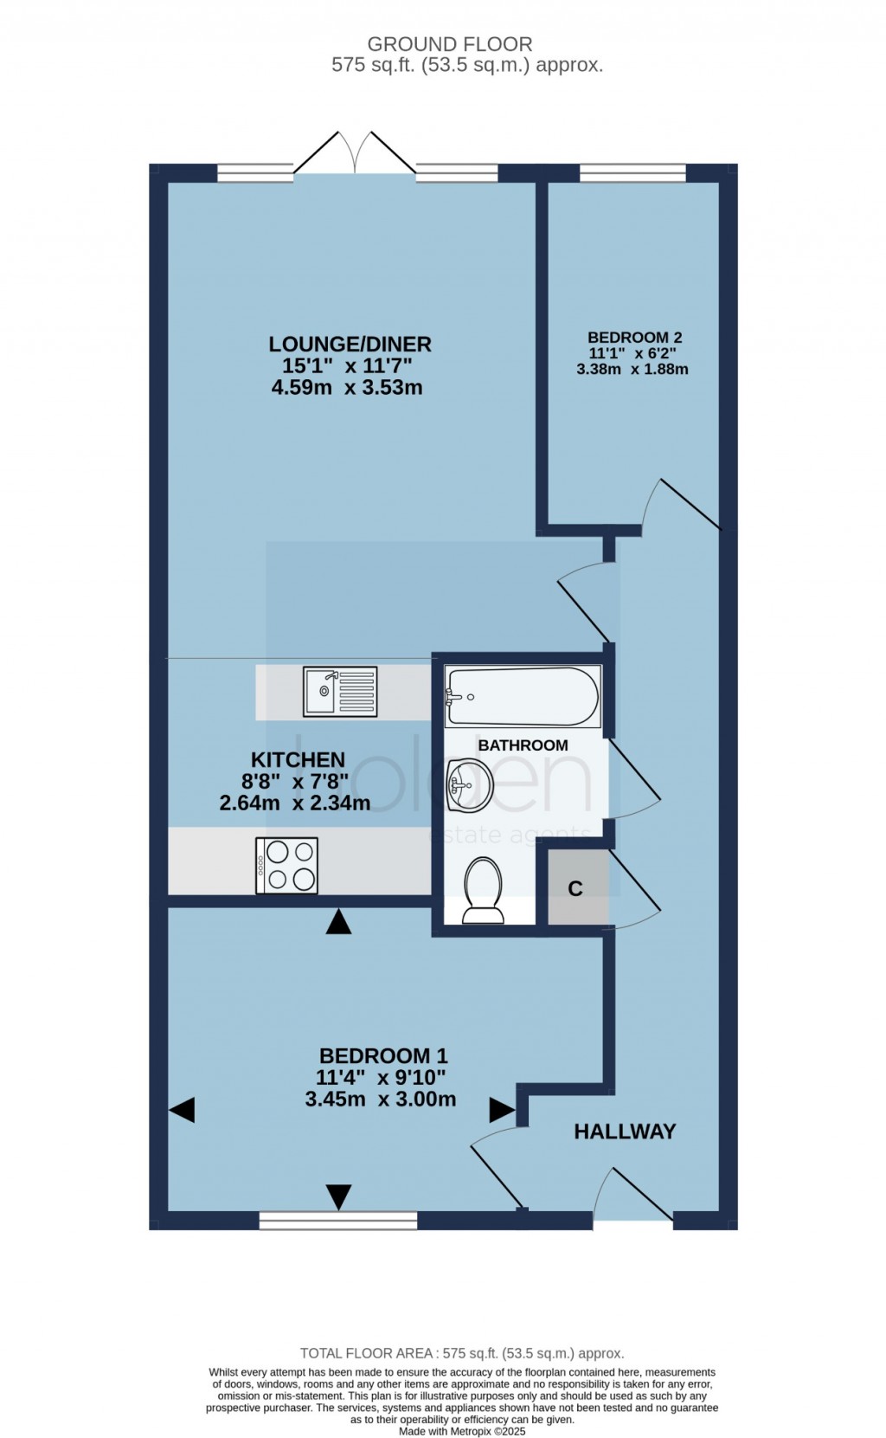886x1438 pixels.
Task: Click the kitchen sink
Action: [340, 692]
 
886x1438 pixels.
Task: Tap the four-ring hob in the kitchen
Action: [286, 865]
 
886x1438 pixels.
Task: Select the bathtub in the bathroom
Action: [523, 697]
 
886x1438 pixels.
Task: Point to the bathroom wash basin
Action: [469, 784]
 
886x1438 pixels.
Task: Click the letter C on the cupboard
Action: [575, 888]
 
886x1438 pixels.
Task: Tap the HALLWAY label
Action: [625, 1131]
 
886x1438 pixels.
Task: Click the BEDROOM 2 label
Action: [634, 337]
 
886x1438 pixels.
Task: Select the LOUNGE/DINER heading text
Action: [350, 344]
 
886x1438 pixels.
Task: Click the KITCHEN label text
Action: [298, 759]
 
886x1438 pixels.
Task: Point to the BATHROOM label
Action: [523, 745]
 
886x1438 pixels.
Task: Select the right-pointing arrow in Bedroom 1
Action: [502, 1110]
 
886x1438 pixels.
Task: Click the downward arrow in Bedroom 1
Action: [339, 1196]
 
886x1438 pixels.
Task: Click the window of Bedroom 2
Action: [632, 172]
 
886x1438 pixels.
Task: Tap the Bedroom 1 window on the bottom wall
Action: [338, 1220]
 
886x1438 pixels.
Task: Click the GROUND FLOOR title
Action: [450, 44]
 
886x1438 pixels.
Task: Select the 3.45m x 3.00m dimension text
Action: [381, 1099]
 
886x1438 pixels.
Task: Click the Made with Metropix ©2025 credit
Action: [462, 1431]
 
